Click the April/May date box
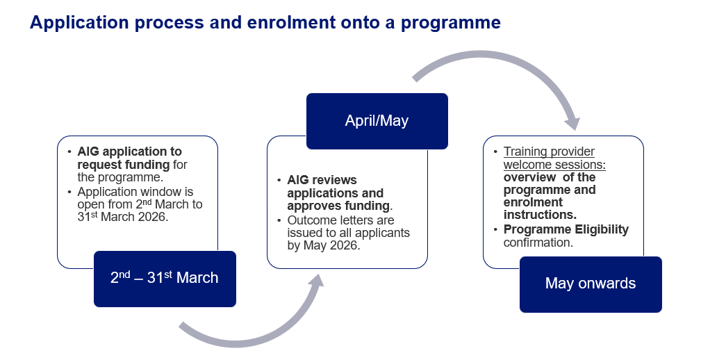(x=377, y=121)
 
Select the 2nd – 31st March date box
(x=165, y=279)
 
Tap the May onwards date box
(x=590, y=284)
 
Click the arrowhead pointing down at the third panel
(x=572, y=123)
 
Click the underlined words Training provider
(x=549, y=152)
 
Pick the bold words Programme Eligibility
(x=566, y=229)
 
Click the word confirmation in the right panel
(x=538, y=243)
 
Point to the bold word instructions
(x=540, y=215)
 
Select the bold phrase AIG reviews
(x=322, y=180)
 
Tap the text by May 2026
(x=323, y=245)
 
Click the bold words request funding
(x=124, y=165)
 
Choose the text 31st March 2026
(x=123, y=217)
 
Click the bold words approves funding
(x=338, y=206)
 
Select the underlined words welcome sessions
(x=554, y=165)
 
